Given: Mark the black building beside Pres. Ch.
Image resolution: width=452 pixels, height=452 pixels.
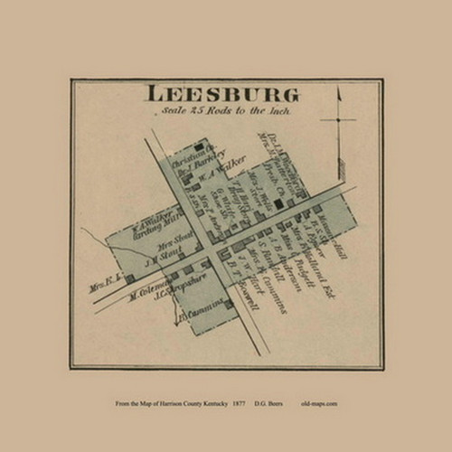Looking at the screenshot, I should tap(279, 204).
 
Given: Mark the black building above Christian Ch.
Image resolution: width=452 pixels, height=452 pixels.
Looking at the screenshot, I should tap(198, 146).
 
